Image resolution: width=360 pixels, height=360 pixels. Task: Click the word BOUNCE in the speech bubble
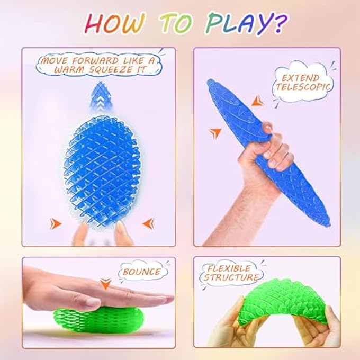[141, 272]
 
